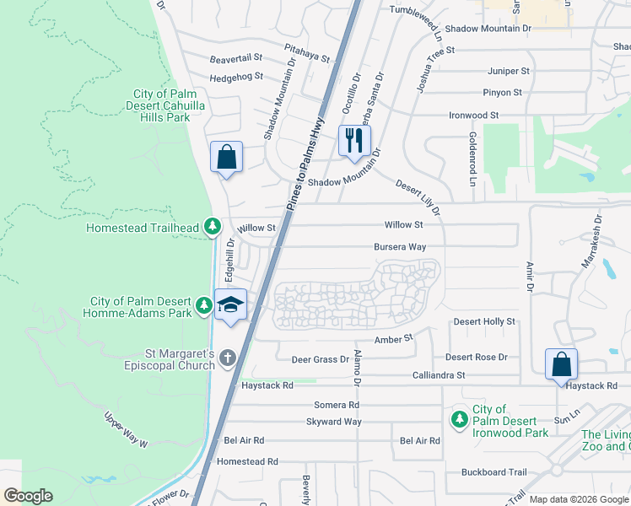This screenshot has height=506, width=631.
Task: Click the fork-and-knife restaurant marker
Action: pyautogui.click(x=353, y=140)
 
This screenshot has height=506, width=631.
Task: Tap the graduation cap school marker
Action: pyautogui.click(x=230, y=304)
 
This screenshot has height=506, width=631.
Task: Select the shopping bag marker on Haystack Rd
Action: pyautogui.click(x=561, y=364)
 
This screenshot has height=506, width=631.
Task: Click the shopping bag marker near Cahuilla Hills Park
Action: pyautogui.click(x=226, y=157)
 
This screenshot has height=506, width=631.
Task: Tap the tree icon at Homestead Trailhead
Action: pyautogui.click(x=213, y=227)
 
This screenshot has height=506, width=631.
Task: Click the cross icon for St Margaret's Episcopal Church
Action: pyautogui.click(x=226, y=358)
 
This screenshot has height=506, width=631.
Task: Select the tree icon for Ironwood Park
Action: pyautogui.click(x=460, y=419)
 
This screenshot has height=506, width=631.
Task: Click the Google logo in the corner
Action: pyautogui.click(x=28, y=496)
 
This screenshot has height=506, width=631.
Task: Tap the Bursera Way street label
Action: pyautogui.click(x=400, y=247)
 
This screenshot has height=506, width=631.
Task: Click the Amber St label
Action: pyautogui.click(x=392, y=338)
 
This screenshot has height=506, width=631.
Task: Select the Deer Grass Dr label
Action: pyautogui.click(x=320, y=359)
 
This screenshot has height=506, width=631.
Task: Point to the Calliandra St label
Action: pyautogui.click(x=439, y=374)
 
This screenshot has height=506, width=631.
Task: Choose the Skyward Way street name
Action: pyautogui.click(x=334, y=422)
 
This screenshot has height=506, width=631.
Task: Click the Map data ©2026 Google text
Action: pyautogui.click(x=578, y=499)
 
